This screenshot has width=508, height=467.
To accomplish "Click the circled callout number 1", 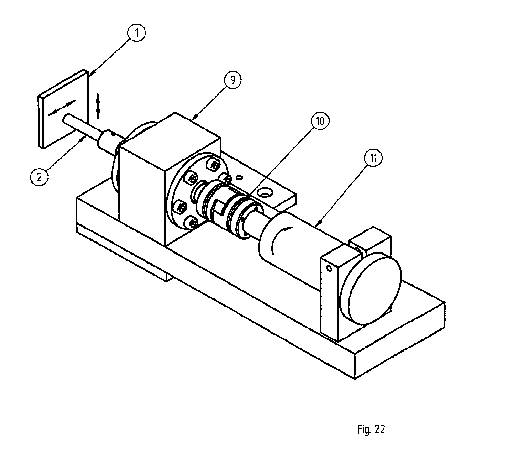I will point(137,33).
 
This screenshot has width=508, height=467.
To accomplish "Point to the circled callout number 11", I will point(374,158).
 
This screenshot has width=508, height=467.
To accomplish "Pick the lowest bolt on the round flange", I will point(193,223).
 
